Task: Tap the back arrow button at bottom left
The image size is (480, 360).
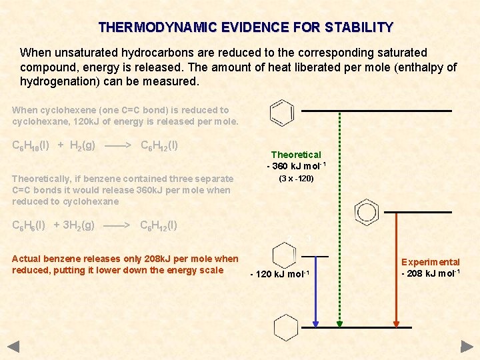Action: (13, 347)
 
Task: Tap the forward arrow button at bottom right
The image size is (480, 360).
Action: (467, 347)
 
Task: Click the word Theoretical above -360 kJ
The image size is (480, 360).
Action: (296, 155)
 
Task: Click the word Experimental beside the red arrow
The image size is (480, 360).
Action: (430, 262)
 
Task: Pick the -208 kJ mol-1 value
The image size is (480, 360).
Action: (430, 274)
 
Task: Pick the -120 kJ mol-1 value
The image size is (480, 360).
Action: (280, 275)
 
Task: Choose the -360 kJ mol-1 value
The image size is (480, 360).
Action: (296, 166)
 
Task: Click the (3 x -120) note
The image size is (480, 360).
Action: (296, 179)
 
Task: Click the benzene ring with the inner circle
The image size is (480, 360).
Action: (366, 211)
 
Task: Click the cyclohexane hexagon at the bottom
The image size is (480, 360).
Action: (285, 327)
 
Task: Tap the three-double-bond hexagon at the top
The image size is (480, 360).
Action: (282, 113)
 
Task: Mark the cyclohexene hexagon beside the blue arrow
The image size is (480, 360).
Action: (285, 256)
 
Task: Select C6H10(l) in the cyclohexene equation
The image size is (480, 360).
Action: (31, 145)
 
